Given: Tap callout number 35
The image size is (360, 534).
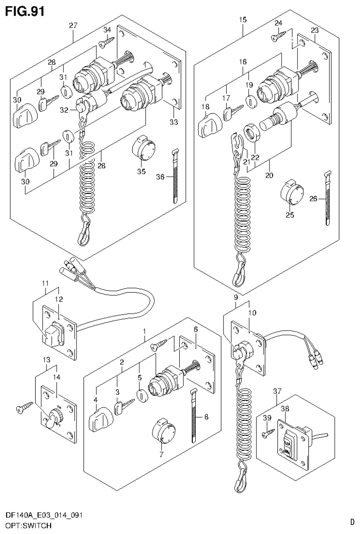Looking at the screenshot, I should tap(141, 171).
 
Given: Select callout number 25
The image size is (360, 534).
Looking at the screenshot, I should tap(290, 215).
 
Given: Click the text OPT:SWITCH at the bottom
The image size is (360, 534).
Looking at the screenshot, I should tap(25, 525).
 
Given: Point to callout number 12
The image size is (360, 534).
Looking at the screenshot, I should tap(58, 299).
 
